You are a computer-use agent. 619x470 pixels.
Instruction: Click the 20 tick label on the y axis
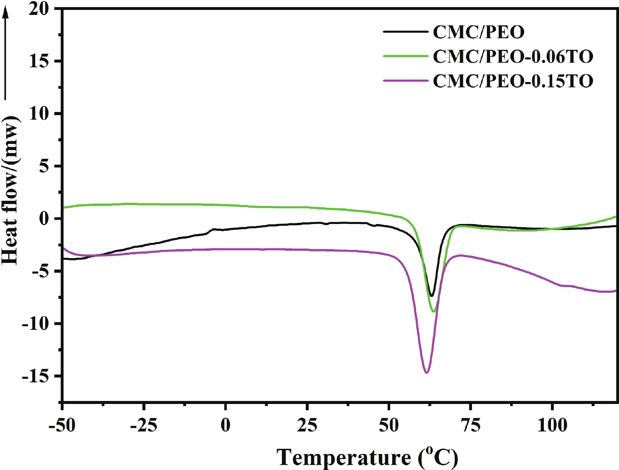39,9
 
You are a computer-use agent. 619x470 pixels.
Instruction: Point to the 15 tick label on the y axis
39,61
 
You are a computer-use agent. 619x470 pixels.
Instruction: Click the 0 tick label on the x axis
225,425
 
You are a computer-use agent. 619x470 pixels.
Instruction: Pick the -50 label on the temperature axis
62,425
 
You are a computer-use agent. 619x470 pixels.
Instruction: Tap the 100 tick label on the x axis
552,425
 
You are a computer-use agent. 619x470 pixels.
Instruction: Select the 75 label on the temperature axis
470,425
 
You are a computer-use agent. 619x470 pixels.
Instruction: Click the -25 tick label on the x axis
144,425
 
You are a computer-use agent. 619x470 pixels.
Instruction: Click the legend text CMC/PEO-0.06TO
513,57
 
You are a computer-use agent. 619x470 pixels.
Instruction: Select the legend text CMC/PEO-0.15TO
513,81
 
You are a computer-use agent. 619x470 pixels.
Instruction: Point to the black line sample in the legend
405,32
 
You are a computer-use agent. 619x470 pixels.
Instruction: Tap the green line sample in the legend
405,57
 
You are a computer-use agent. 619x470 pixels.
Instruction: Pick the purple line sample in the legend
405,81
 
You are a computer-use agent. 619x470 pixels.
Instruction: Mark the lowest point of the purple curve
426,372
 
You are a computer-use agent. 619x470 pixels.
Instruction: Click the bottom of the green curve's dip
433,311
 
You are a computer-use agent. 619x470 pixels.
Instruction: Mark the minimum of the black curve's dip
432,296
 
